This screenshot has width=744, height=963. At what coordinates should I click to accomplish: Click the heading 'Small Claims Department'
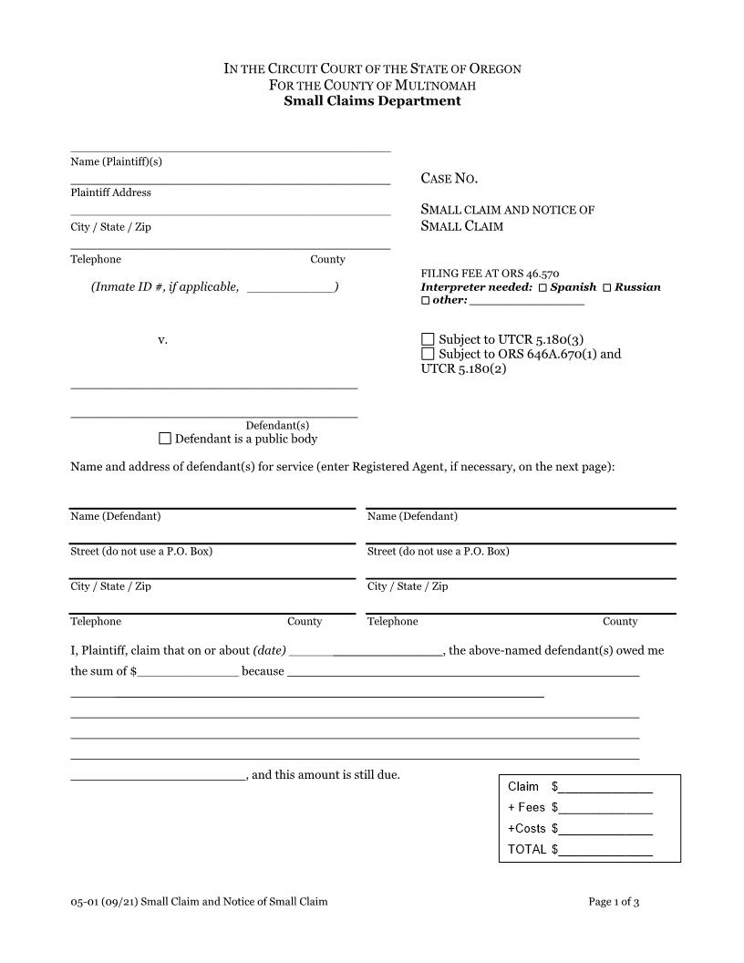point(372,101)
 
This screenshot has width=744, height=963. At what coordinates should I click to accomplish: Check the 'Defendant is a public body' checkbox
point(165,439)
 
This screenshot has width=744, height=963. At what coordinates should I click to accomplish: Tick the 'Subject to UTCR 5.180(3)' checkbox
point(428,339)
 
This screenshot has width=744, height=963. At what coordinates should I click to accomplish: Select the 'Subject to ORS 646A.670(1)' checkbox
point(428,354)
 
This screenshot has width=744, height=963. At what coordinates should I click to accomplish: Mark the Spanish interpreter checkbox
point(542,287)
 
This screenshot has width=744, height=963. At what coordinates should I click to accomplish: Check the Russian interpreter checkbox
point(607,287)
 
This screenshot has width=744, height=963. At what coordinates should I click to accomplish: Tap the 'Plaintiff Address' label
point(111,192)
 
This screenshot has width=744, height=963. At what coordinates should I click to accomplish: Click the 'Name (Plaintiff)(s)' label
point(116,161)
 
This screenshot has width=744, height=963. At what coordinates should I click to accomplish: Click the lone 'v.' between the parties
point(162,340)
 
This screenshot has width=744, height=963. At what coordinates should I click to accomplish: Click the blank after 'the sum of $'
point(188,672)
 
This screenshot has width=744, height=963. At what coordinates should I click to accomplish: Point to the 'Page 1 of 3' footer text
point(614,902)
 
